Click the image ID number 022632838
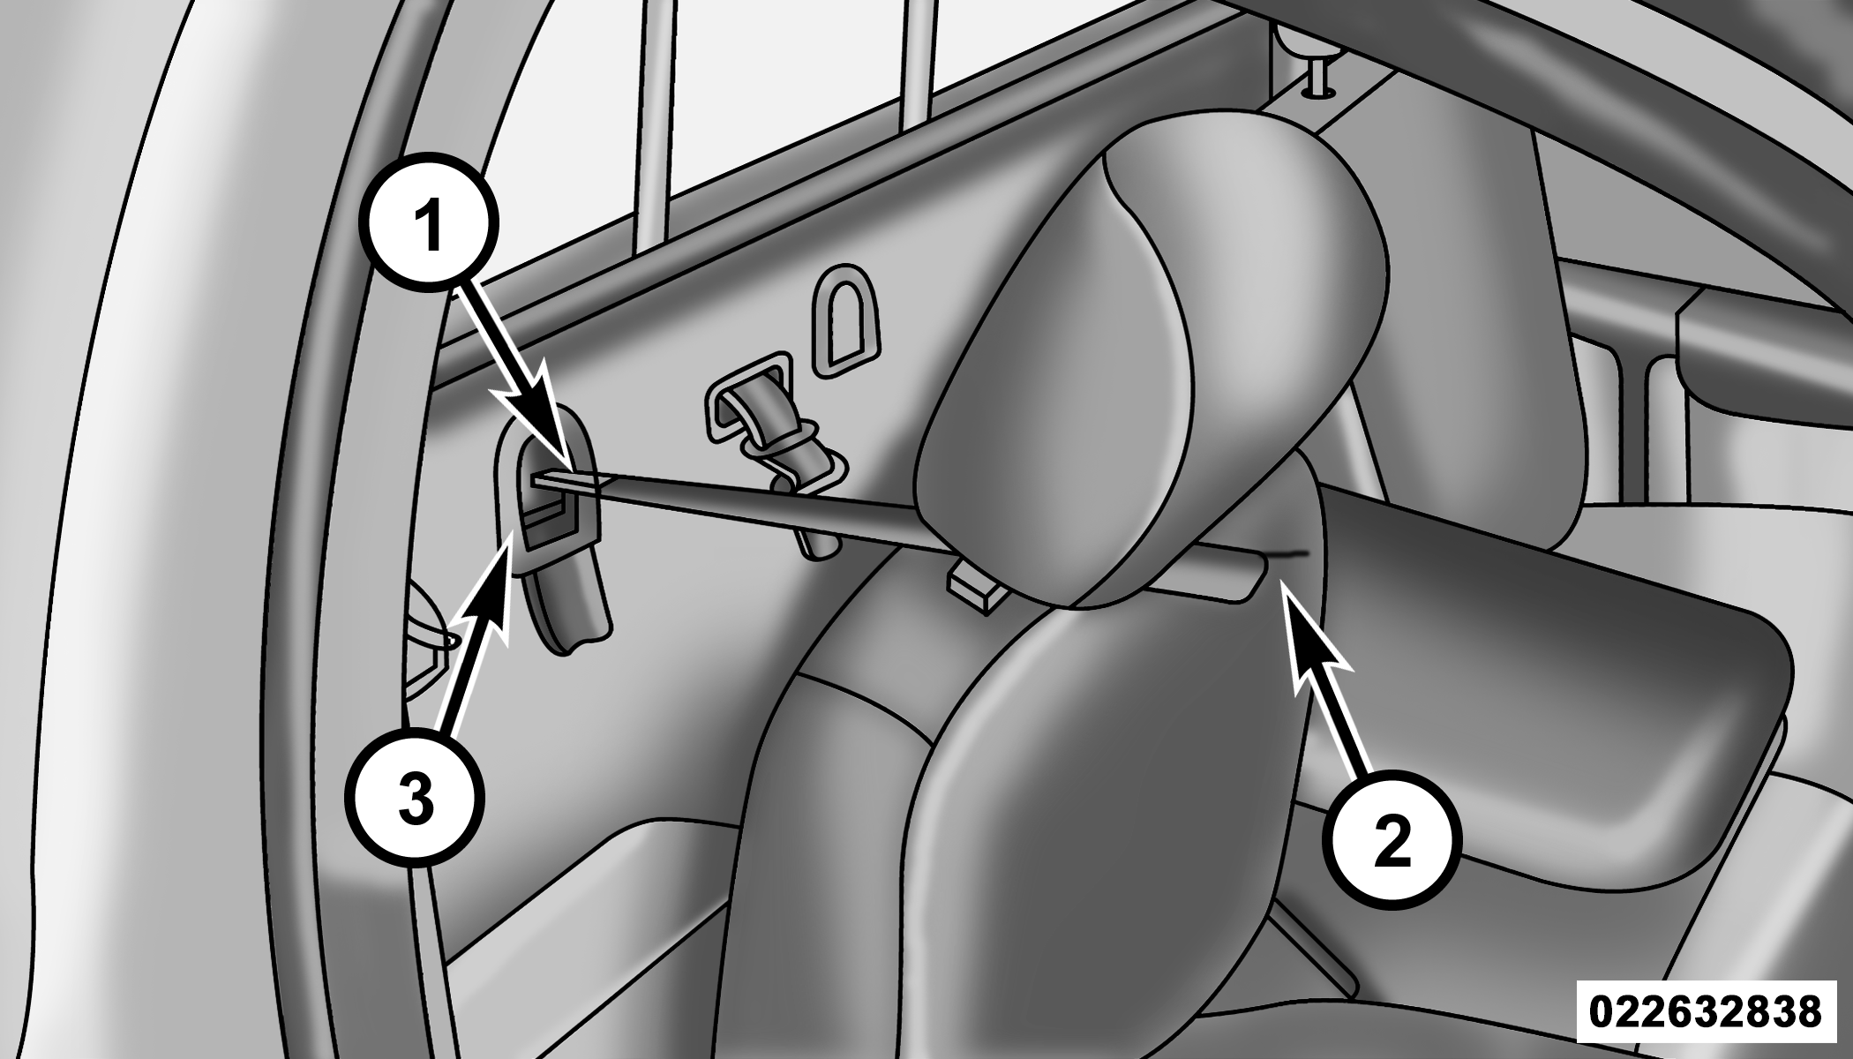[x=1705, y=1010]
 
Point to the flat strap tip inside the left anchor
[x=551, y=480]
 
